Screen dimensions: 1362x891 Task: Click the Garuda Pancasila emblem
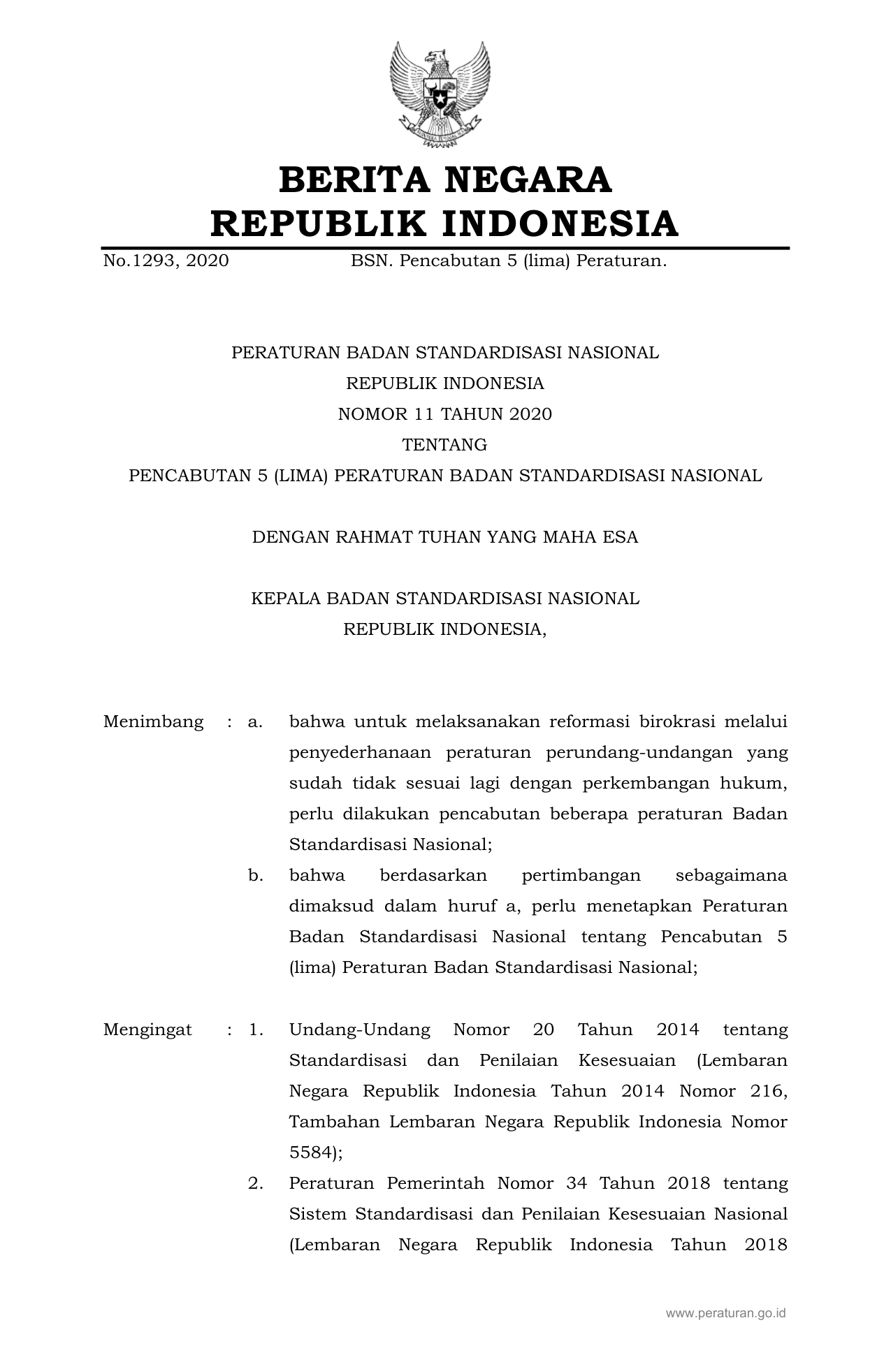tap(440, 94)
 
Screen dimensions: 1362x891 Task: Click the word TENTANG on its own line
tap(444, 445)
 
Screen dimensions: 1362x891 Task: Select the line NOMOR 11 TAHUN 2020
tap(444, 414)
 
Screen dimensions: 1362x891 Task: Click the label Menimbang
tap(153, 722)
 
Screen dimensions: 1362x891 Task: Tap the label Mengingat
tap(147, 1030)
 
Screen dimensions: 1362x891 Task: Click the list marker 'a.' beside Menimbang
tap(255, 722)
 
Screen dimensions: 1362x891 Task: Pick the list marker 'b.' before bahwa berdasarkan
tap(255, 875)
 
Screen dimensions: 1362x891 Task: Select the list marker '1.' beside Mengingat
tap(255, 1030)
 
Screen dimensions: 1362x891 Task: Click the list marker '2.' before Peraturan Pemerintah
tap(255, 1183)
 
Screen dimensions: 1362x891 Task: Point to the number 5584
tap(310, 1152)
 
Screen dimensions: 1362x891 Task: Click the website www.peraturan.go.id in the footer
tap(725, 1314)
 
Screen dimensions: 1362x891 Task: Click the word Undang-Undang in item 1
tap(359, 1030)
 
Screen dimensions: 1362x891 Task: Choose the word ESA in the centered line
tap(622, 537)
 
